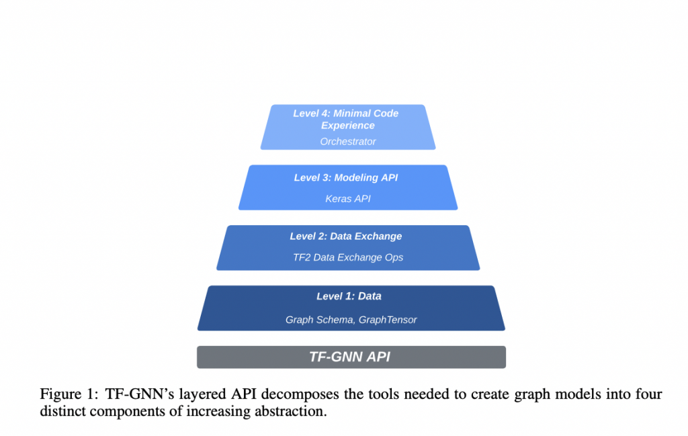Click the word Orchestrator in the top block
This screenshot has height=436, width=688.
click(x=348, y=142)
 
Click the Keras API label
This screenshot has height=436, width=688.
click(x=347, y=199)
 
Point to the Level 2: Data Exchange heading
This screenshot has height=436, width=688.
click(x=346, y=236)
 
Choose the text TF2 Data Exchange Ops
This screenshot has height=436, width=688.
click(x=347, y=257)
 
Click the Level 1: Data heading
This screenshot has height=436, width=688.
click(x=349, y=296)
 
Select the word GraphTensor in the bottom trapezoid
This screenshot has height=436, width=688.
click(x=388, y=320)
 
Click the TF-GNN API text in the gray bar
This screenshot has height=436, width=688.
click(x=349, y=357)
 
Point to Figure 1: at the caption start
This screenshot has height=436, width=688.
click(x=70, y=394)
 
